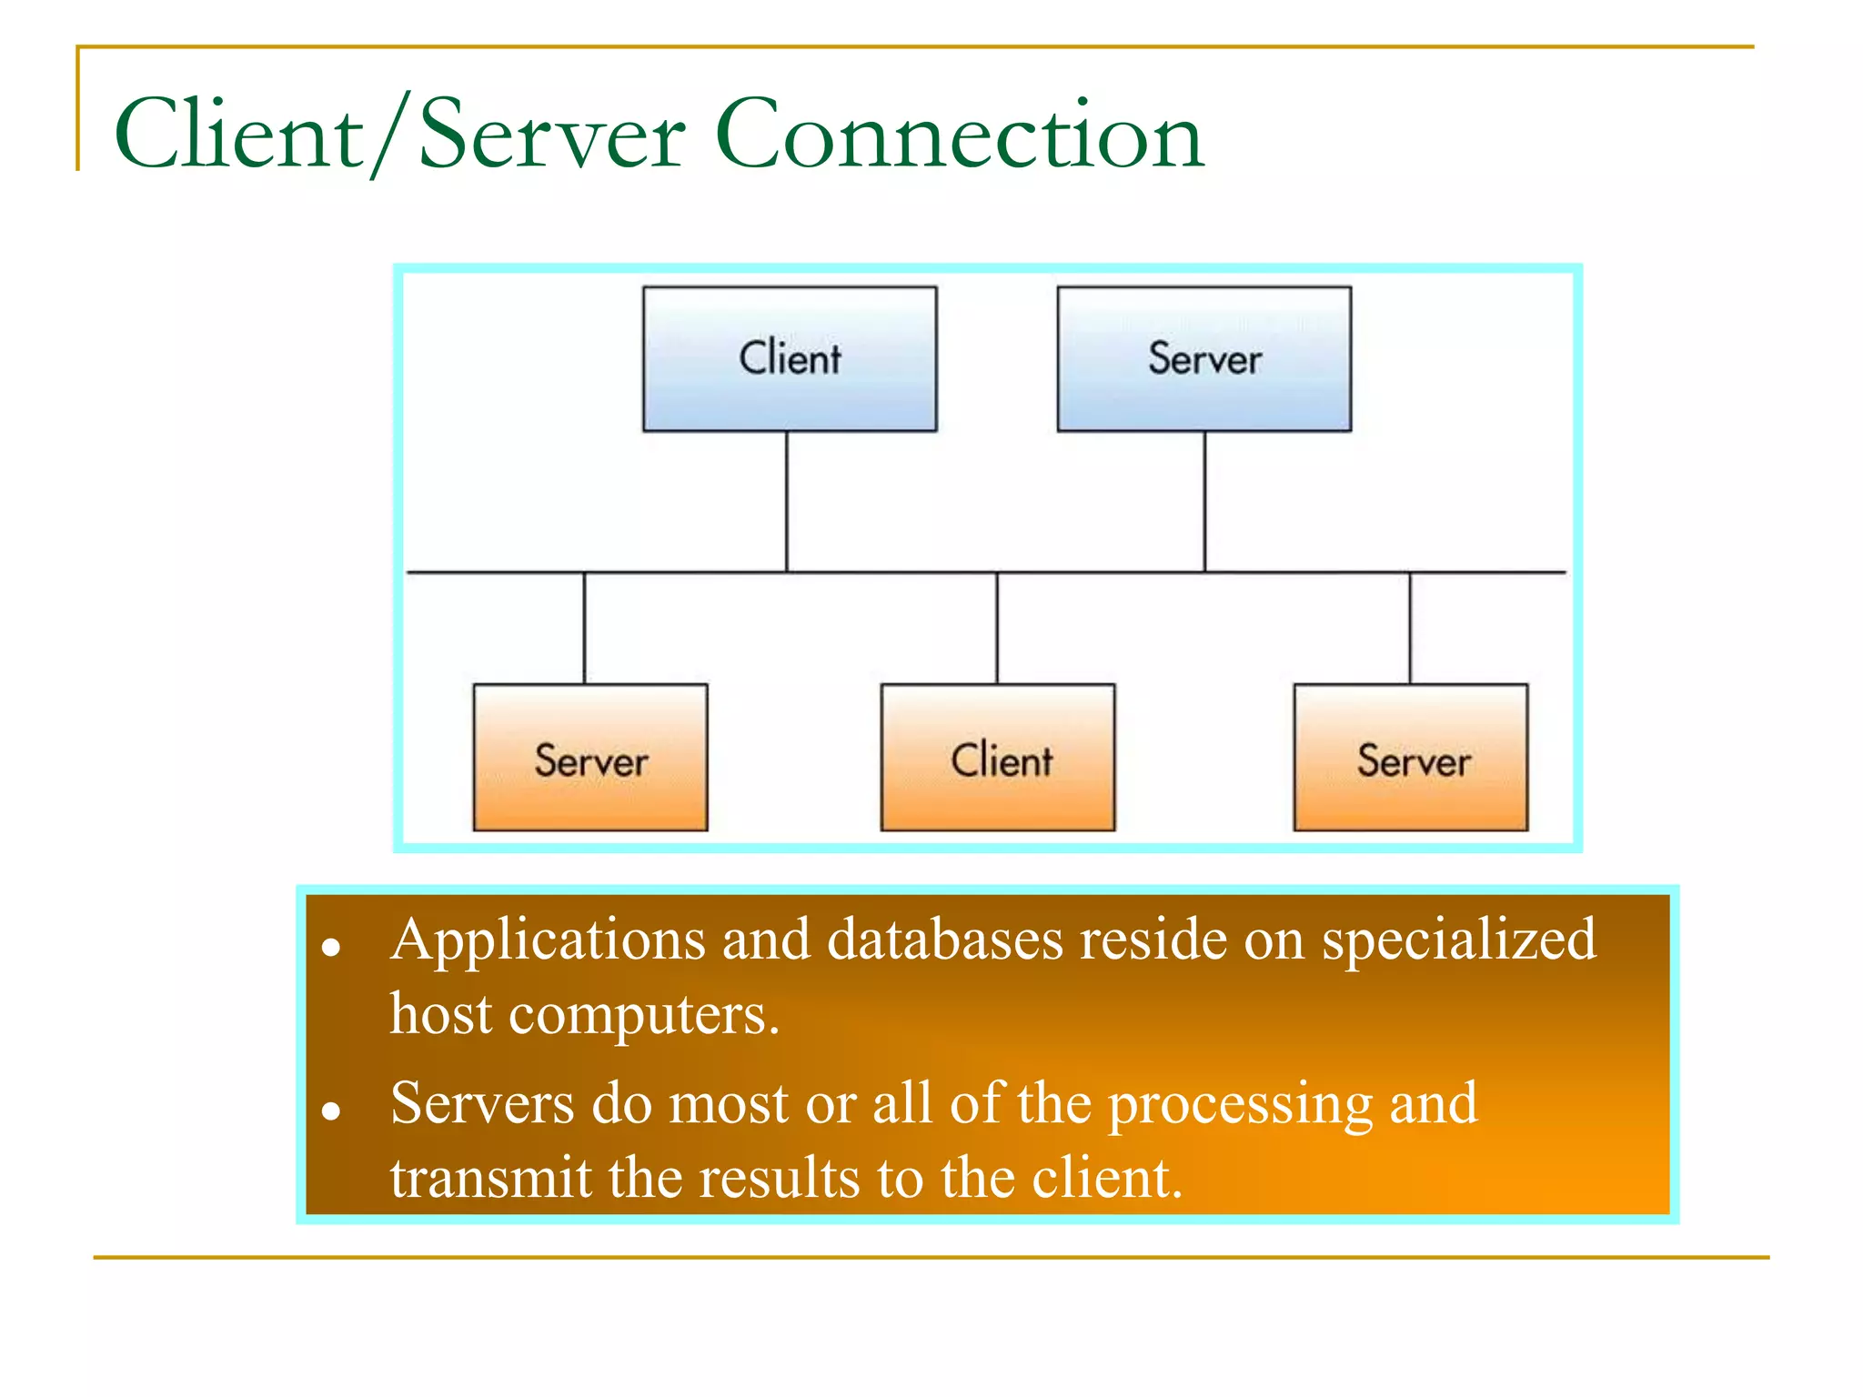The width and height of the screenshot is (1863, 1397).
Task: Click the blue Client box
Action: [790, 358]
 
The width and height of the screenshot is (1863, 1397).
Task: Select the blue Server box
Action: [1203, 358]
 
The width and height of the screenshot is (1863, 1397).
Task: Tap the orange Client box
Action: [998, 757]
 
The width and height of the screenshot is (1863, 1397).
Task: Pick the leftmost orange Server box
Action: [590, 757]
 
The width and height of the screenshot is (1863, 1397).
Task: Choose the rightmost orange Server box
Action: [1411, 757]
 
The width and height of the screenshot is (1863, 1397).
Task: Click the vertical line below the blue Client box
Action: [787, 501]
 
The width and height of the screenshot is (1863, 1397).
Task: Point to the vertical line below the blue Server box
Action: [1205, 501]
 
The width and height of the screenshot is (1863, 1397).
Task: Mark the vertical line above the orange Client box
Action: [997, 628]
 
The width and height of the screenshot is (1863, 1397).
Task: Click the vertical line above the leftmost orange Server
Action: [584, 628]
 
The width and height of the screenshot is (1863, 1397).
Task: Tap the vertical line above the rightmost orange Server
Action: [1410, 628]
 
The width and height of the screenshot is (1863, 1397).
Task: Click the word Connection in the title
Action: [960, 135]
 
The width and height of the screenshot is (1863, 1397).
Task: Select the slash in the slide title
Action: [388, 135]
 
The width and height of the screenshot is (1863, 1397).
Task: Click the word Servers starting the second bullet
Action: [482, 1104]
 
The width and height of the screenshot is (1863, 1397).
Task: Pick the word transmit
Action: [491, 1178]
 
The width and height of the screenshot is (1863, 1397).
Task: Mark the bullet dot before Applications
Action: [331, 948]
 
